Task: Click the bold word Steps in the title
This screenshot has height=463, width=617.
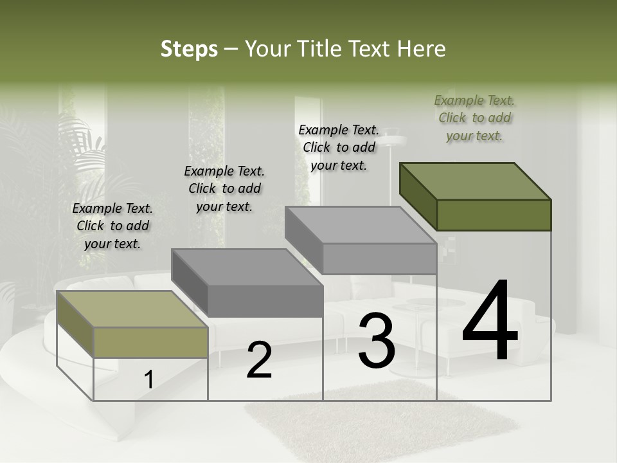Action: click(x=189, y=49)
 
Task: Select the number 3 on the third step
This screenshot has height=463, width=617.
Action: click(x=377, y=341)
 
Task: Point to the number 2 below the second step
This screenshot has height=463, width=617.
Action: click(x=259, y=359)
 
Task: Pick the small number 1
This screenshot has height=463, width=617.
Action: click(x=148, y=379)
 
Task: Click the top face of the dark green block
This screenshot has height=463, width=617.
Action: click(x=476, y=181)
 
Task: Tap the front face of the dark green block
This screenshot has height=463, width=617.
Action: click(x=494, y=215)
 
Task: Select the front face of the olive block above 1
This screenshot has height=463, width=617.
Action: click(x=150, y=342)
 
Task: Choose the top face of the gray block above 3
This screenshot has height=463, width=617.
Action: click(x=361, y=225)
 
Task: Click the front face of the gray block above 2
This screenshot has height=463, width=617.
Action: click(x=265, y=301)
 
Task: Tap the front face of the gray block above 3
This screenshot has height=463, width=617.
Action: click(x=379, y=259)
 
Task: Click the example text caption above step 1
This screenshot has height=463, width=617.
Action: click(x=112, y=226)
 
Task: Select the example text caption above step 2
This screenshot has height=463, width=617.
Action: click(x=224, y=188)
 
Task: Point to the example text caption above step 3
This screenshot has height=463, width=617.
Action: click(x=339, y=147)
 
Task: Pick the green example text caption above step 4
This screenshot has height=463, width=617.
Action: click(x=474, y=118)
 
